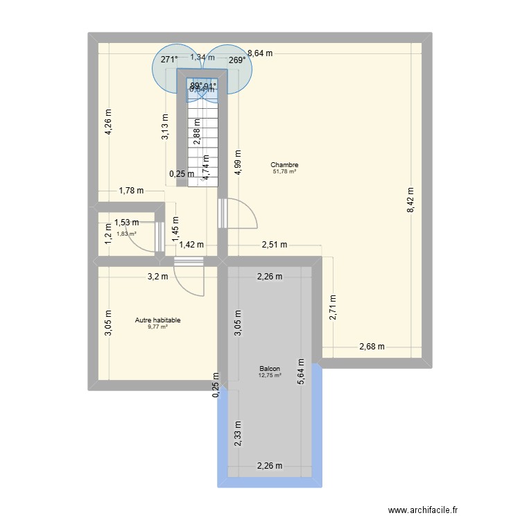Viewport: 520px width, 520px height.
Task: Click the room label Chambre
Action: pyautogui.click(x=284, y=165)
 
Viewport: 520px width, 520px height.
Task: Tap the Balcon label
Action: pyautogui.click(x=270, y=369)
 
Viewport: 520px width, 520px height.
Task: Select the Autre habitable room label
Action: pyautogui.click(x=158, y=320)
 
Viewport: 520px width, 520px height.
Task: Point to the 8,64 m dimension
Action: pyautogui.click(x=260, y=53)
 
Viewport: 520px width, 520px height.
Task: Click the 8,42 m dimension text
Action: pyautogui.click(x=410, y=204)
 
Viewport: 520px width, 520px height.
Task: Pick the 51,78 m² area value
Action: pyautogui.click(x=284, y=171)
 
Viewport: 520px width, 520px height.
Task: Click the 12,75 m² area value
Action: pyautogui.click(x=270, y=376)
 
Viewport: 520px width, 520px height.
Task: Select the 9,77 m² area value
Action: pyautogui.click(x=157, y=327)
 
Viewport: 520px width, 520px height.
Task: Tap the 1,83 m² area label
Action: pyautogui.click(x=126, y=234)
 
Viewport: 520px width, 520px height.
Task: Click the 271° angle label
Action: pyautogui.click(x=169, y=60)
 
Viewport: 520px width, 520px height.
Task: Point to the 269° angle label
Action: pyautogui.click(x=237, y=60)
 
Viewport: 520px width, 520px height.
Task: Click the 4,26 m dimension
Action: pyautogui.click(x=109, y=122)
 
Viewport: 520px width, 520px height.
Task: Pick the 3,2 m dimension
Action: pyautogui.click(x=157, y=277)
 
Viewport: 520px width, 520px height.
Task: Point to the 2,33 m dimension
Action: pyautogui.click(x=238, y=435)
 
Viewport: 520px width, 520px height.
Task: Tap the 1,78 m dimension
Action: pyautogui.click(x=131, y=191)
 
